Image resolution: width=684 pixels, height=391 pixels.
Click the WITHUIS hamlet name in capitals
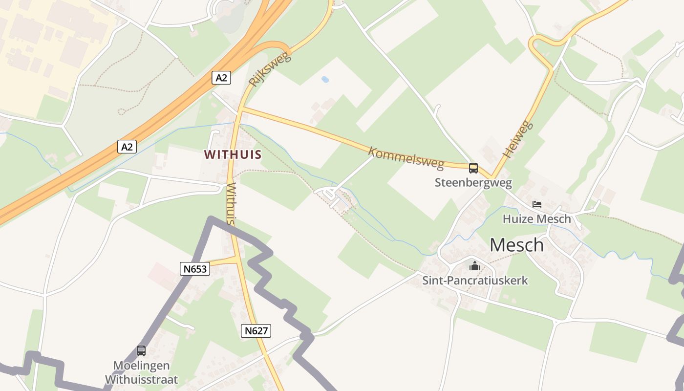click(x=233, y=154)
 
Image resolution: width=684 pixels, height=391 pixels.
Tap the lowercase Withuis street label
click(x=232, y=204)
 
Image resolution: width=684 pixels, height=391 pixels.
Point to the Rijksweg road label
click(x=269, y=69)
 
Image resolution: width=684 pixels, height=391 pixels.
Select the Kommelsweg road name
click(x=406, y=157)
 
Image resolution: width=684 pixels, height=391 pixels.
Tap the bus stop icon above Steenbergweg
click(x=473, y=168)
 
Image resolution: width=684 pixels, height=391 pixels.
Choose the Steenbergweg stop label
click(x=473, y=183)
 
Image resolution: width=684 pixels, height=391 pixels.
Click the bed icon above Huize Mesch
click(x=536, y=204)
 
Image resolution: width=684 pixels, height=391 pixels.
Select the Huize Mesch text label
click(x=536, y=218)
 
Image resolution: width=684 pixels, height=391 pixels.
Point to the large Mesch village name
click(x=516, y=245)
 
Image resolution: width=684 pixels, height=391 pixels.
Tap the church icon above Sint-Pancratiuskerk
click(x=475, y=266)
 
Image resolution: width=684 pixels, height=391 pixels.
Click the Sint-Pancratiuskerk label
click(x=475, y=281)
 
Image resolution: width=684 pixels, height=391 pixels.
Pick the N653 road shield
click(x=195, y=268)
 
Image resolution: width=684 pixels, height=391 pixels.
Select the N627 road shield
click(x=256, y=331)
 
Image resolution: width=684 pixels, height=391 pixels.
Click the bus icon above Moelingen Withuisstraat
click(x=141, y=350)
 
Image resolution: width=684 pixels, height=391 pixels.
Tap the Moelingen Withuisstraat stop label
click(x=141, y=372)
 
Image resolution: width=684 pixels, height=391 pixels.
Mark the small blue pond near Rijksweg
click(x=324, y=79)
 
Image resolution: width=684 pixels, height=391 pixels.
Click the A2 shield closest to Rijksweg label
click(x=221, y=77)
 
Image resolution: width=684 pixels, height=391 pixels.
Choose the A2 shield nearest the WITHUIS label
click(x=127, y=147)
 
